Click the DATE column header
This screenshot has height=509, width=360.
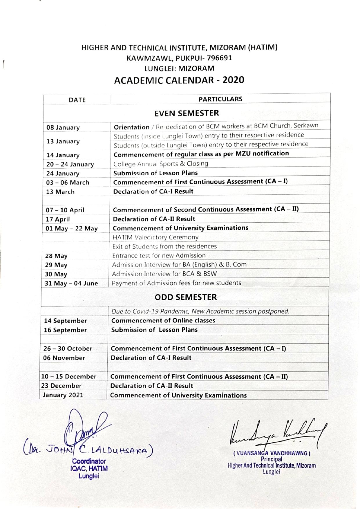tap(77, 100)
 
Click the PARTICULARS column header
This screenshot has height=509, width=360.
tap(220, 99)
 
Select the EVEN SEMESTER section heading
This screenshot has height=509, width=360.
tap(187, 113)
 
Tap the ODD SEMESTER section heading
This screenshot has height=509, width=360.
tap(186, 297)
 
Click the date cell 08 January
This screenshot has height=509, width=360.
tap(63, 128)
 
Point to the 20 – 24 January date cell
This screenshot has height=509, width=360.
tap(70, 165)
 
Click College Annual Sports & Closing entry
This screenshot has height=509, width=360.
tap(161, 164)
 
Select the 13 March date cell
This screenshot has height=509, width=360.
tap(60, 192)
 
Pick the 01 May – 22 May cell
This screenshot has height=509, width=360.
tap(72, 228)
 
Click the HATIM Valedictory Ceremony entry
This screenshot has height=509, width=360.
tap(155, 237)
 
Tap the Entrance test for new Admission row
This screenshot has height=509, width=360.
tap(159, 255)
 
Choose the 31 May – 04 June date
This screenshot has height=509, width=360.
tap(71, 283)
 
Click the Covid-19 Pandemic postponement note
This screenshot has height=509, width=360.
tap(200, 311)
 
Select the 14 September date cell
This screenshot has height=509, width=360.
tap(65, 321)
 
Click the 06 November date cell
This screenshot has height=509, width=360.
tap(64, 358)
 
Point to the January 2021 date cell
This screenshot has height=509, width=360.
tap(63, 395)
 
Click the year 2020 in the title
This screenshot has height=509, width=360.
tap(233, 80)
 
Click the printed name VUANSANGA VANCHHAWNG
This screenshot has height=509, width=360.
tap(272, 453)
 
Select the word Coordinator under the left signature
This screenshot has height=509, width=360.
tap(89, 461)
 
